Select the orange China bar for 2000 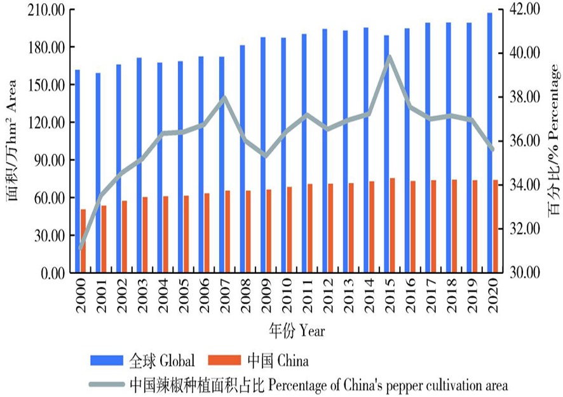click(83, 241)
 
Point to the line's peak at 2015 click(390, 56)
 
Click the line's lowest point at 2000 click(81, 249)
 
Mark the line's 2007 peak click(224, 97)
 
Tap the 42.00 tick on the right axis click(524, 9)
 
